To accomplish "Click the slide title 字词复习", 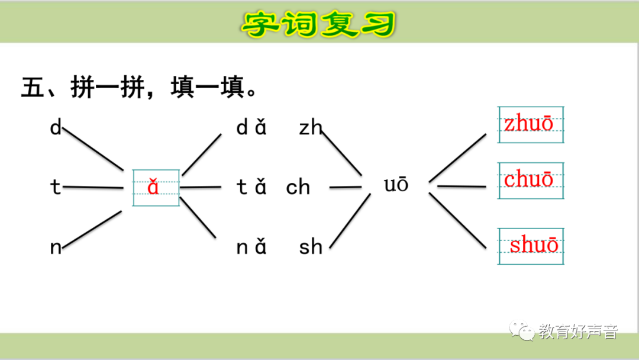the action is point(319,24).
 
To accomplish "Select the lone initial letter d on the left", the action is point(56,127).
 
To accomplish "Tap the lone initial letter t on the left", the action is point(56,187).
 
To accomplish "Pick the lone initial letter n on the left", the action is point(56,247).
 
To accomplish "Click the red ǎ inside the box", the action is point(154,187).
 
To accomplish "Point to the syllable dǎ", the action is point(251,127).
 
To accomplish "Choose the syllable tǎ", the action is point(251,187).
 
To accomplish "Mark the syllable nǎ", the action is point(251,247).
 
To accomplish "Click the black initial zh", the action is point(310,127).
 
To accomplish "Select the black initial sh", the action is point(310,247).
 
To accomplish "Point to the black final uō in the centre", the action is point(396,185).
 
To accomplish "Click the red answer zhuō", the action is point(528,124).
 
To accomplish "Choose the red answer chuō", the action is point(528,179).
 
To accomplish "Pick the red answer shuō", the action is point(534,245).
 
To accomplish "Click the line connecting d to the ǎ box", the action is point(92,148).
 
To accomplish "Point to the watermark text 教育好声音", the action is point(577,332).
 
